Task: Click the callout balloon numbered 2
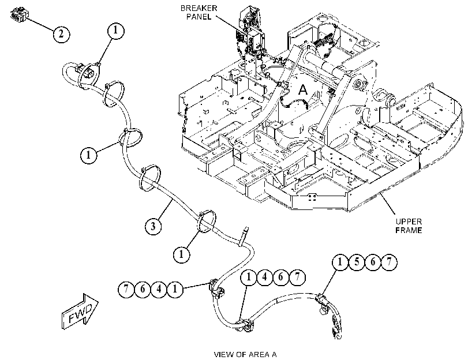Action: [61, 34]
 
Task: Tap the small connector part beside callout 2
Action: [20, 15]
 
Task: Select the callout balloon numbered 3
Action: [153, 226]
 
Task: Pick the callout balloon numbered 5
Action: [357, 262]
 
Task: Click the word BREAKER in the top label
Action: [199, 8]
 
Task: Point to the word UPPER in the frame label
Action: [409, 222]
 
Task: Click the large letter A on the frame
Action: [303, 89]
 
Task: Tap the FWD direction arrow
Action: [80, 312]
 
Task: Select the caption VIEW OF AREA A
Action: [245, 355]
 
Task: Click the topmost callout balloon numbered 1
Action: [115, 31]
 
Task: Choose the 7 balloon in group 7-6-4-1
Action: [126, 289]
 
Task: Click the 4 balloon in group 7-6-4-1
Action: [159, 289]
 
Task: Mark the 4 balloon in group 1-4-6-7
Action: [264, 277]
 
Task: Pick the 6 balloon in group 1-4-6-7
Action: [280, 277]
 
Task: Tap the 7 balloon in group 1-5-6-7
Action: [389, 262]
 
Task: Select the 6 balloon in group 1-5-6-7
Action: [373, 262]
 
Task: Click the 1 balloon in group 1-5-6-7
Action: [340, 262]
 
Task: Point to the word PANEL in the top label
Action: [199, 17]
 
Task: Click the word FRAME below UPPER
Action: [409, 230]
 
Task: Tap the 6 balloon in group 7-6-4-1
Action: [143, 289]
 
